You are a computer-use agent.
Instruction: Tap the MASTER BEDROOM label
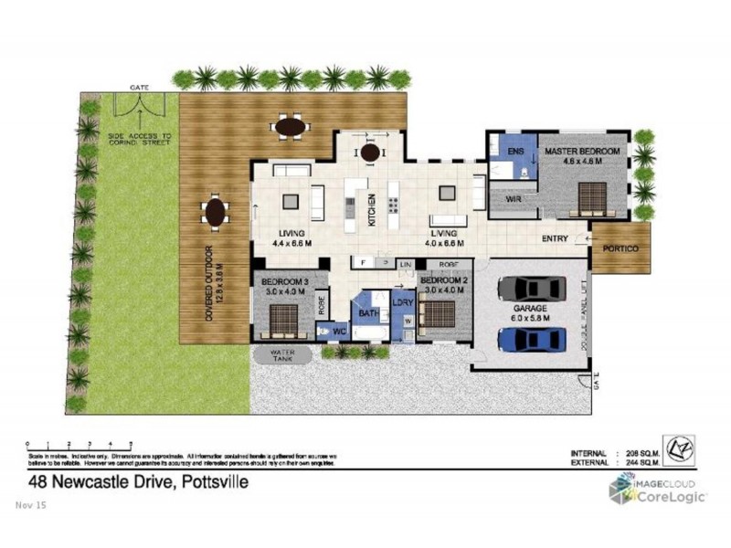coord(582,150)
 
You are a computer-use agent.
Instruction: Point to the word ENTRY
coord(555,239)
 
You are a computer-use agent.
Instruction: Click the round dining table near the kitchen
coord(370,153)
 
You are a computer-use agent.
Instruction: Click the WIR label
coord(512,197)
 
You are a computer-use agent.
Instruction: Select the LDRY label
coord(403,302)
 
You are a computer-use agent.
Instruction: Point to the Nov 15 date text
coord(31,504)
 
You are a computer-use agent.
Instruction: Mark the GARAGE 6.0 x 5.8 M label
coord(531,313)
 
